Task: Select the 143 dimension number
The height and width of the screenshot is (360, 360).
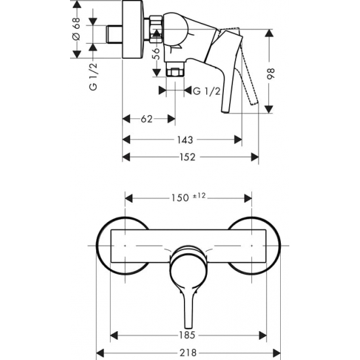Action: coord(185,139)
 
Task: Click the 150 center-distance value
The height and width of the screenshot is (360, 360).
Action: coord(178,197)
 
